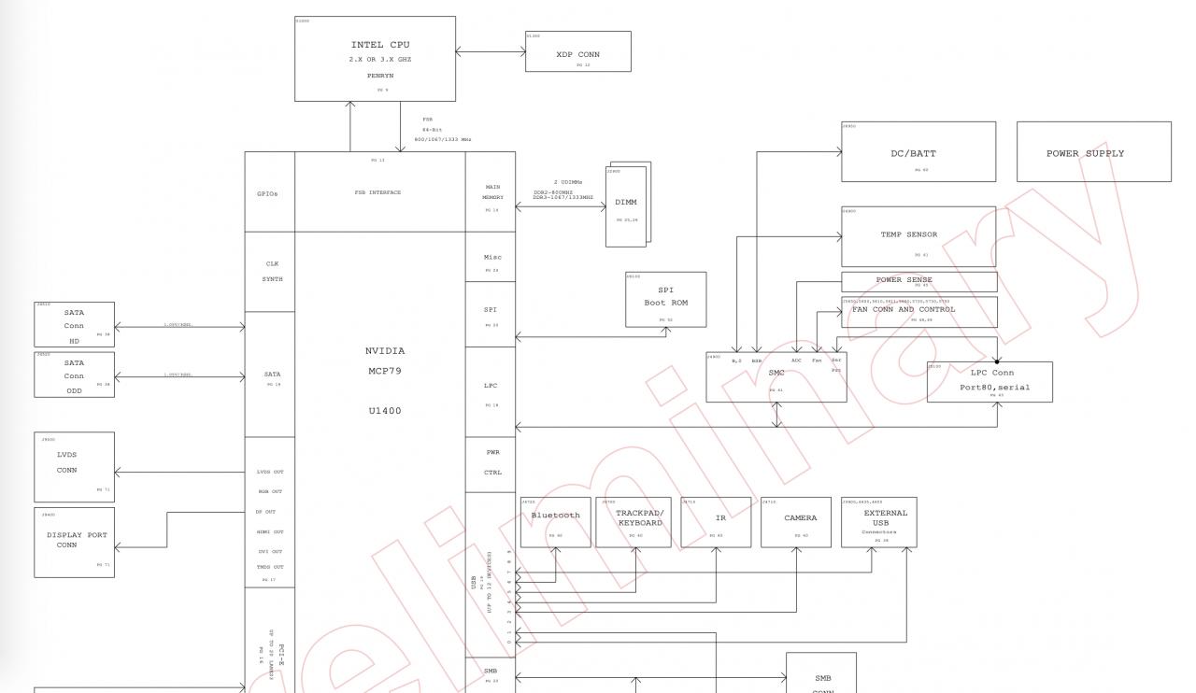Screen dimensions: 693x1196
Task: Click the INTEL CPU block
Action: tap(375, 58)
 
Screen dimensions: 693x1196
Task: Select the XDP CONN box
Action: tap(577, 51)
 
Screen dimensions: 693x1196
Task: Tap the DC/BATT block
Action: tap(918, 151)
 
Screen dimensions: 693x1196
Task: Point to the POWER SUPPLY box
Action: tap(1093, 151)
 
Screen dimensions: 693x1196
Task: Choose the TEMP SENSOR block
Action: tap(918, 236)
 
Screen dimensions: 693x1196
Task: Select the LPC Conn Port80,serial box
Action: tap(990, 382)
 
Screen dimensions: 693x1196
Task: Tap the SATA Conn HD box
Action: tap(74, 324)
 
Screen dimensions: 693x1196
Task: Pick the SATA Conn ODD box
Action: tap(74, 375)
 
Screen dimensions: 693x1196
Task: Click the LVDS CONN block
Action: tap(74, 466)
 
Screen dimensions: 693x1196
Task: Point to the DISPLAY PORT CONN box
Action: tap(74, 542)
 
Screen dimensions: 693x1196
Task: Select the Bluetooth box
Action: tap(555, 522)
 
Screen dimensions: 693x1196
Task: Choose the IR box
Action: tap(716, 522)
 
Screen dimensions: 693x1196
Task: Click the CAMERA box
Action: tap(796, 522)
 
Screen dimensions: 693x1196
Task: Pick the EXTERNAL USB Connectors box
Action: tap(878, 522)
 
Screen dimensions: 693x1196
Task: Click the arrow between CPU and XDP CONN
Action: tap(491, 52)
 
